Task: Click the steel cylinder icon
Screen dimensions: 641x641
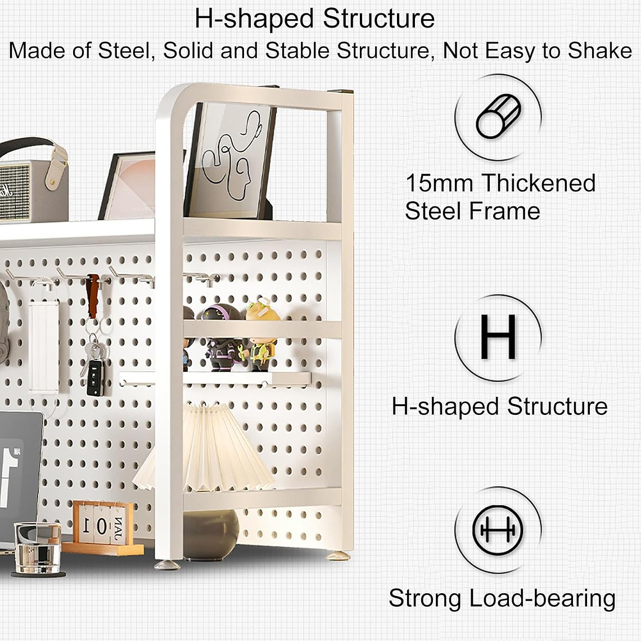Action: pos(498,117)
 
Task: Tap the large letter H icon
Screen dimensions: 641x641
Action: pos(498,337)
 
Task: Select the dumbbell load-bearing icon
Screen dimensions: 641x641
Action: pos(498,530)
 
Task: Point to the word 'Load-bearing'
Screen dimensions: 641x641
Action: pos(542,598)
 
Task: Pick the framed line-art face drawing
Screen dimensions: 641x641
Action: pos(230,160)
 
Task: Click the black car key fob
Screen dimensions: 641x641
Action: pos(95,378)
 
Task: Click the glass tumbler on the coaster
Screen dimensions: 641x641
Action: pos(37,548)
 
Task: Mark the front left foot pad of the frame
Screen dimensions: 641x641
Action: pos(167,565)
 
